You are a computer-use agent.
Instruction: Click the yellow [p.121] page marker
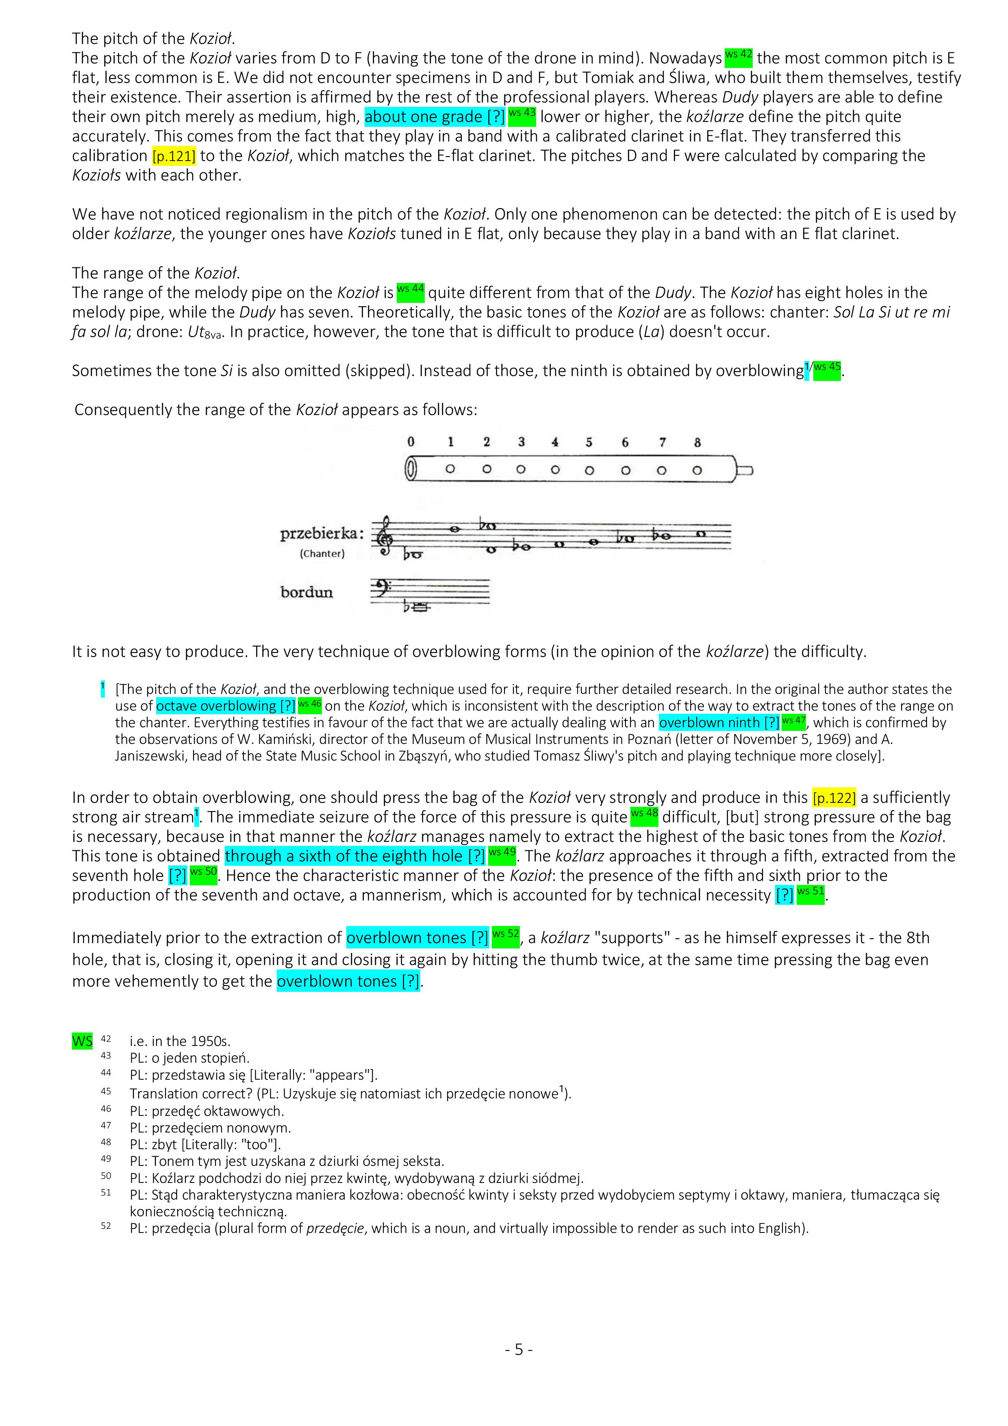tap(174, 156)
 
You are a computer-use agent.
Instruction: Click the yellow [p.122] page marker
tap(834, 798)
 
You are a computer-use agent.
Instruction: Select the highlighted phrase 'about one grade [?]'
tap(435, 117)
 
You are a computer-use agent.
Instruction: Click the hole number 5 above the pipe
tap(589, 442)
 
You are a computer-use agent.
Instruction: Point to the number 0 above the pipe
tap(411, 442)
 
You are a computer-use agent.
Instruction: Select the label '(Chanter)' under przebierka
tap(322, 553)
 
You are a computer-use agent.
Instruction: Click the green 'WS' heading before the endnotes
tap(82, 1040)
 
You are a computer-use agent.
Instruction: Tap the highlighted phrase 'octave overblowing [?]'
tap(226, 706)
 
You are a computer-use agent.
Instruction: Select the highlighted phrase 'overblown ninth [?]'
tap(719, 723)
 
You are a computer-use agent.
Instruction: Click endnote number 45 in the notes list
tap(106, 1091)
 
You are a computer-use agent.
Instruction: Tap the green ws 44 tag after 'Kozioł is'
tap(411, 290)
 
